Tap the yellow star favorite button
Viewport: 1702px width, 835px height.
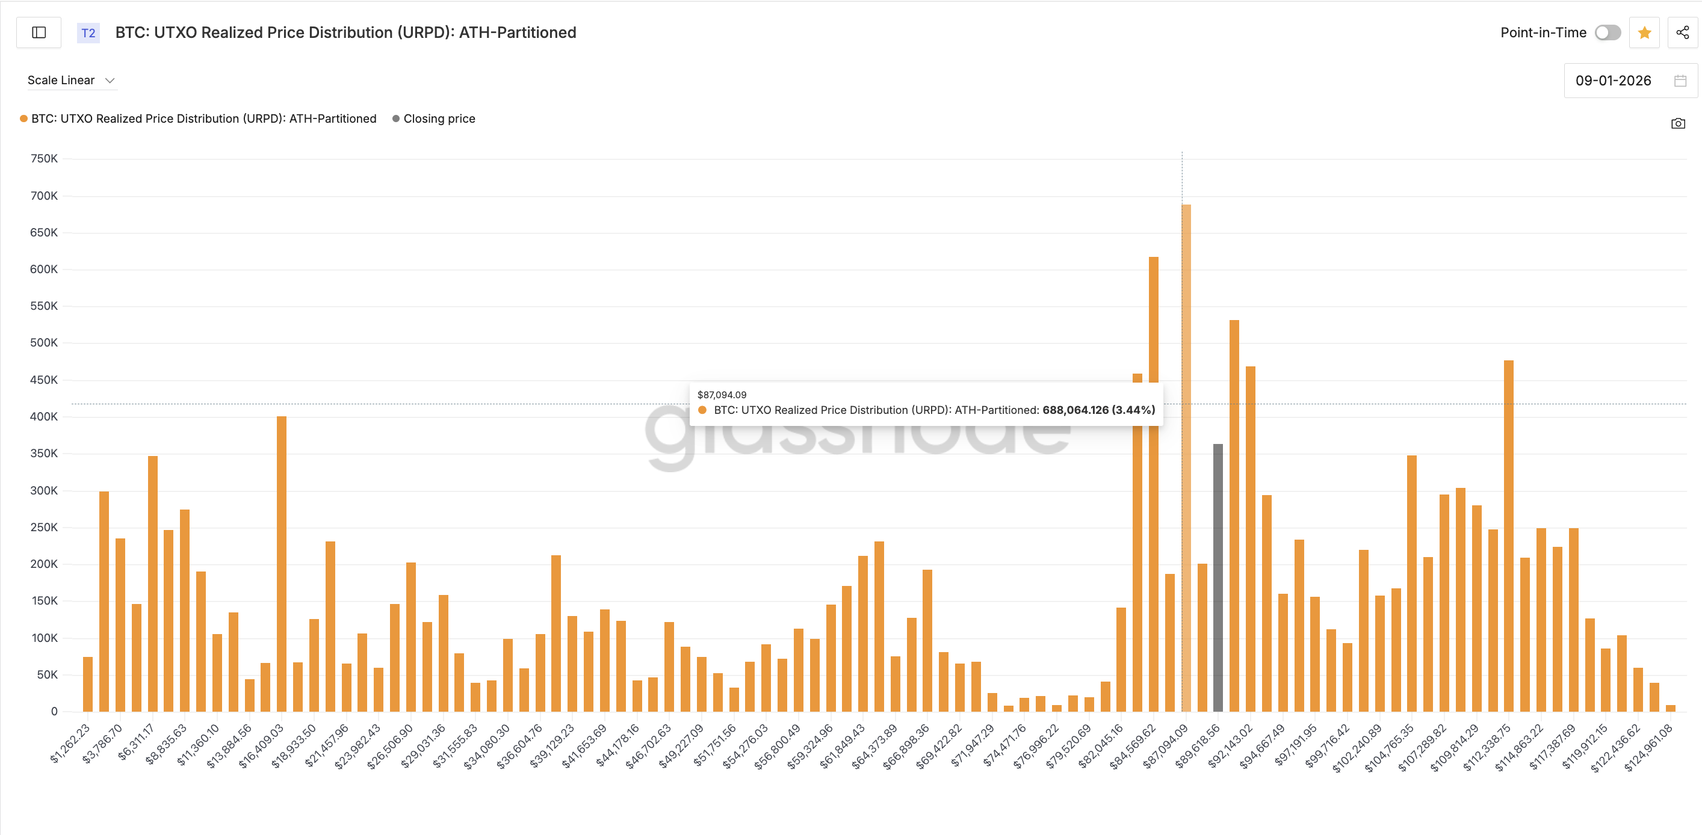1644,32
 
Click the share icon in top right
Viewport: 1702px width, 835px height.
1682,32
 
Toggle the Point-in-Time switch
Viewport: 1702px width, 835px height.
1607,32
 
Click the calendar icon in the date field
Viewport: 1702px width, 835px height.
1680,81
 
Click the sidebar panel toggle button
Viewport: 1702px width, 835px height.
39,32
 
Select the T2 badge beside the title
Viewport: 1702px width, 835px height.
88,33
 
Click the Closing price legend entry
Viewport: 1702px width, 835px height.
439,119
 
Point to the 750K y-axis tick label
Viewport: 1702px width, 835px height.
43,159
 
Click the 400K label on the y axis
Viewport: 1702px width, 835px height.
43,417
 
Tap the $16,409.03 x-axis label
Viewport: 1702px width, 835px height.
262,745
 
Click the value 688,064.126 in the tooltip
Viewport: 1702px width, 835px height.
1075,410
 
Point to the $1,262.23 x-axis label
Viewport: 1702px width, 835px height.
70,743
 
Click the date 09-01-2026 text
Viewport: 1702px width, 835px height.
1613,81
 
